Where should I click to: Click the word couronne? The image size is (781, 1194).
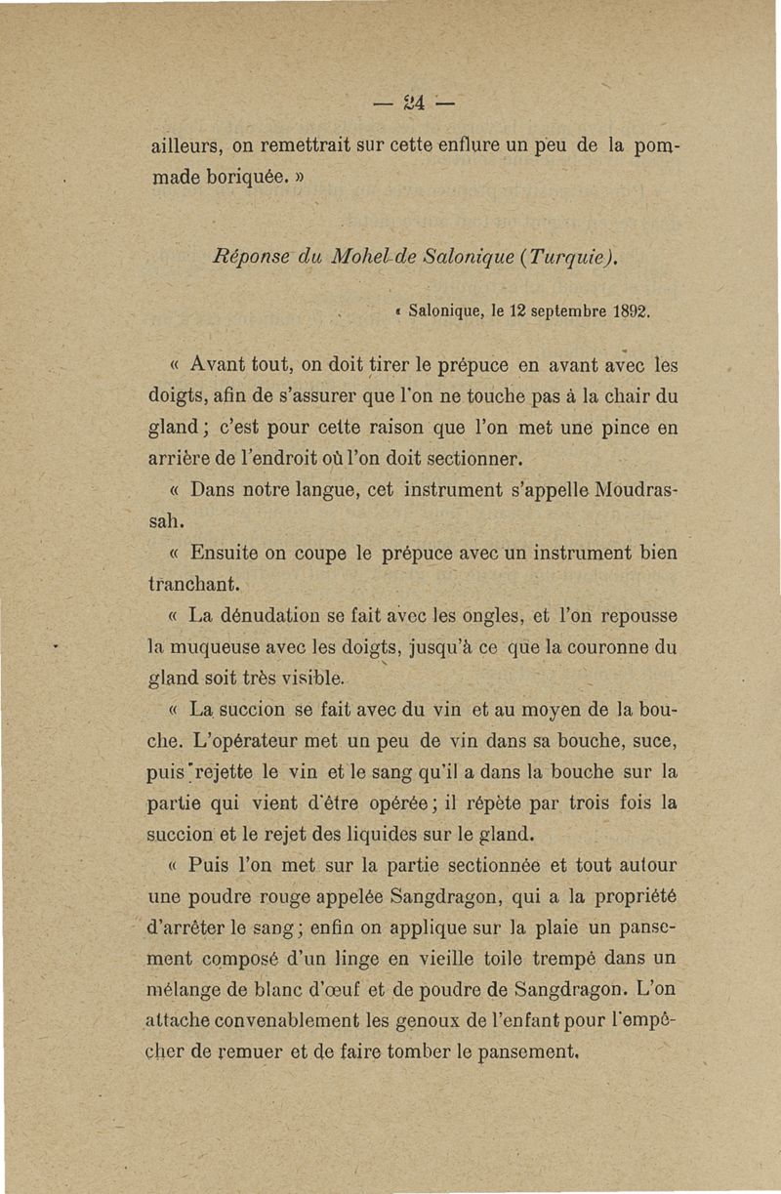pyautogui.click(x=609, y=646)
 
